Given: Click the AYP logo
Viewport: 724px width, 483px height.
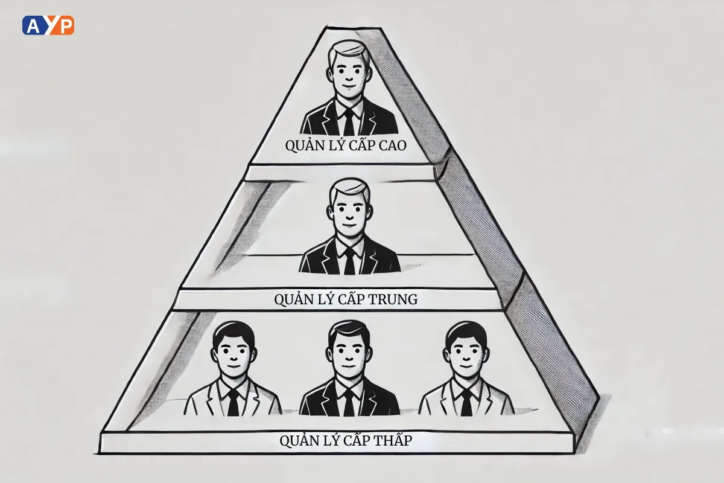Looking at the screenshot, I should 48,25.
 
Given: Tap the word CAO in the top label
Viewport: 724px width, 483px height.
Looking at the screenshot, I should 392,146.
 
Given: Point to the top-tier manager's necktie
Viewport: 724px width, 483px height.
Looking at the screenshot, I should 349,123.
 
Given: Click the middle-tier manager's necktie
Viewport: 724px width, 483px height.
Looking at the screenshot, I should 349,261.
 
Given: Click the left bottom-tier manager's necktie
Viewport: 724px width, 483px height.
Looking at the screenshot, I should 233,402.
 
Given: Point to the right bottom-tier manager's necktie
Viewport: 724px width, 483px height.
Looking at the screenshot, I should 466,402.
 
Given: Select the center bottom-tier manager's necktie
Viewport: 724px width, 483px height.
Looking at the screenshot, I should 349,401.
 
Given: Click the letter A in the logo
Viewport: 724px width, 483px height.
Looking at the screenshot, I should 31,25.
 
